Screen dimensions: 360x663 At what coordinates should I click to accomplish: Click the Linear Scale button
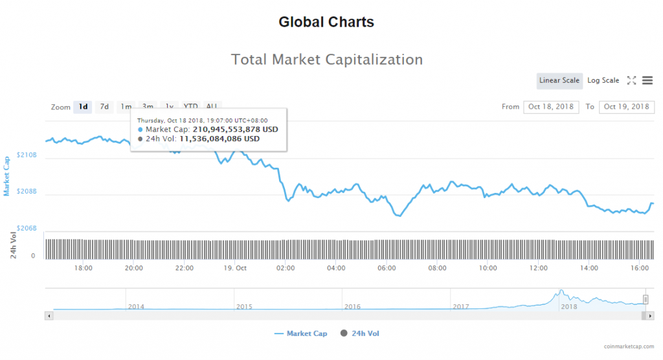tap(559, 80)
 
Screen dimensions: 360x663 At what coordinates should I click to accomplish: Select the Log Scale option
tap(603, 80)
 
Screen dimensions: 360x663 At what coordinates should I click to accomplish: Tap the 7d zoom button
tap(104, 107)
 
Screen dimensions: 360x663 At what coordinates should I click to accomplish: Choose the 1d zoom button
tap(83, 107)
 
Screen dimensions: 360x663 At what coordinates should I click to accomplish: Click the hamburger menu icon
tap(647, 80)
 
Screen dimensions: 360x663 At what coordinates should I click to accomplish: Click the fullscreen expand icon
tap(631, 80)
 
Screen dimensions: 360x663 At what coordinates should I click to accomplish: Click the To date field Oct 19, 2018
tap(627, 107)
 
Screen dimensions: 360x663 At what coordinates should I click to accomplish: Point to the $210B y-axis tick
tap(26, 155)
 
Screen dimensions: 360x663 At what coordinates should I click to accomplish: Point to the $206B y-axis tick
tap(26, 229)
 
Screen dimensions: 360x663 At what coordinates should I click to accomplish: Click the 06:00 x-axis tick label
tap(387, 268)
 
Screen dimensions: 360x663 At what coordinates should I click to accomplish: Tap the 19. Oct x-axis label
tap(235, 268)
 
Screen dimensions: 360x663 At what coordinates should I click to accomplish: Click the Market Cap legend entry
tap(301, 333)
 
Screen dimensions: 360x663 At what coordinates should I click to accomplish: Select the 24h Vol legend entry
tap(363, 333)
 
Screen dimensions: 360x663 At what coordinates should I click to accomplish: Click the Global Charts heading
tap(326, 22)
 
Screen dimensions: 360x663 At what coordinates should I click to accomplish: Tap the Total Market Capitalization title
tap(327, 60)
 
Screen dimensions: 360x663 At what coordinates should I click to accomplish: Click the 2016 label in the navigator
tap(352, 307)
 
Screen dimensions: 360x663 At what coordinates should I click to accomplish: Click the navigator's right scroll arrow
tap(650, 315)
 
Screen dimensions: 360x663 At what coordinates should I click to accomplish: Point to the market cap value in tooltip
tap(236, 129)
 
